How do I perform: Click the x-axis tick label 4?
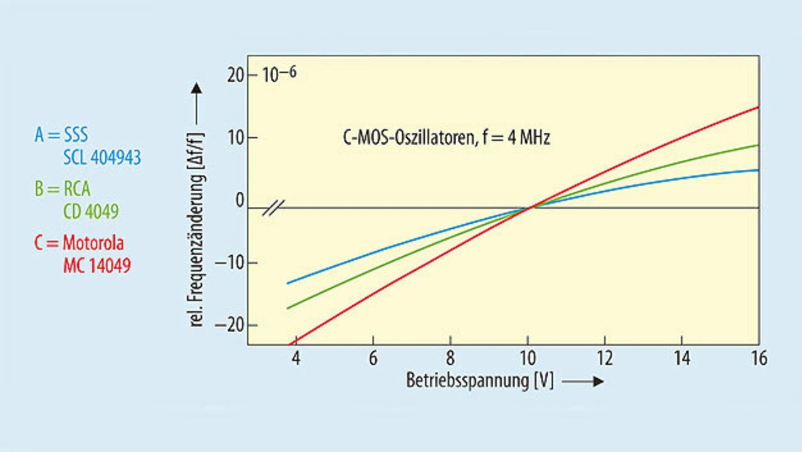[x=296, y=359]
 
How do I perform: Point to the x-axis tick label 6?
[x=373, y=359]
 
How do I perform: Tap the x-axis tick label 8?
[x=450, y=359]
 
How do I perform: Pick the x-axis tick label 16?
[x=758, y=359]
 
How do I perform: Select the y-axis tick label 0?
[x=239, y=201]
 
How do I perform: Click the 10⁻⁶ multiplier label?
[x=279, y=74]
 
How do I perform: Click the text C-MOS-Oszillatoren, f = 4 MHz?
[x=443, y=138]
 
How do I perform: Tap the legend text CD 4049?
[x=91, y=212]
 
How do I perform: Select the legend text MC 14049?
[x=97, y=266]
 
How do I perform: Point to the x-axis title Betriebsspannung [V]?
[x=480, y=381]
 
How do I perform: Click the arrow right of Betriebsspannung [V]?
[x=583, y=381]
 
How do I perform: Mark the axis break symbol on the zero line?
[x=273, y=208]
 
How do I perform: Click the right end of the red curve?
[x=758, y=107]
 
